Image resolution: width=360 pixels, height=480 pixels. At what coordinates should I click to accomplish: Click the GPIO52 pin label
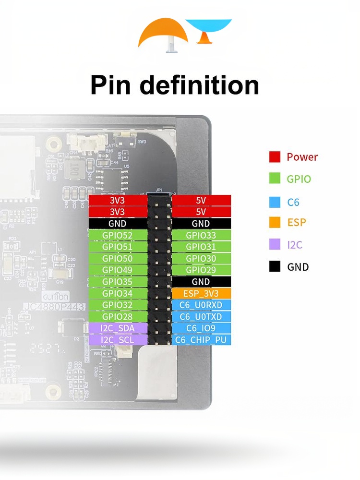118,235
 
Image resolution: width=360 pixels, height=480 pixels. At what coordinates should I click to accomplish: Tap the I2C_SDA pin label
118,328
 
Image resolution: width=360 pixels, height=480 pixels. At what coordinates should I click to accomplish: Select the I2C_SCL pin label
118,339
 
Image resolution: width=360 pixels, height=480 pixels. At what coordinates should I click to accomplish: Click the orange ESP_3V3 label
201,293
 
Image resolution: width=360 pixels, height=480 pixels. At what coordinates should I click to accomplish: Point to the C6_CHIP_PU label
201,340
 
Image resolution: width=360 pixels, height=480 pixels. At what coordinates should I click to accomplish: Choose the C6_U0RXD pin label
201,305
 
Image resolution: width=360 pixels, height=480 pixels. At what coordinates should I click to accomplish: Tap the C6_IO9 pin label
201,328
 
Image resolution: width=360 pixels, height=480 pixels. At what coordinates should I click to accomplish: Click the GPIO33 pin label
201,235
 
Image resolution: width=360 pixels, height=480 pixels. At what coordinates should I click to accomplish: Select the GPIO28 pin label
118,316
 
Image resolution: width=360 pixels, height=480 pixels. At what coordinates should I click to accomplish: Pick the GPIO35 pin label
118,281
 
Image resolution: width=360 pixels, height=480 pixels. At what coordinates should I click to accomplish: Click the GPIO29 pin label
201,270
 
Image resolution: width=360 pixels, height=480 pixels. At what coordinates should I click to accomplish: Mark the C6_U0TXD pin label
201,317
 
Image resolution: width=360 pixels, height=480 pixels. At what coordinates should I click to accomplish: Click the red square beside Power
275,157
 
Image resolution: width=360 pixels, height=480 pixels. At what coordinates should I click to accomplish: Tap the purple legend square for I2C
275,244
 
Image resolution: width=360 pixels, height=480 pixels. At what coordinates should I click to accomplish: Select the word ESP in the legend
296,223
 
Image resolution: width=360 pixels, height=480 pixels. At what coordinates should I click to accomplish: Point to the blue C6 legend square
275,202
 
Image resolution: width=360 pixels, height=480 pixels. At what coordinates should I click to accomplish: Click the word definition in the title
200,85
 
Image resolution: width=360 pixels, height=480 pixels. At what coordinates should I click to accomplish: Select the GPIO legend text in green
299,179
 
